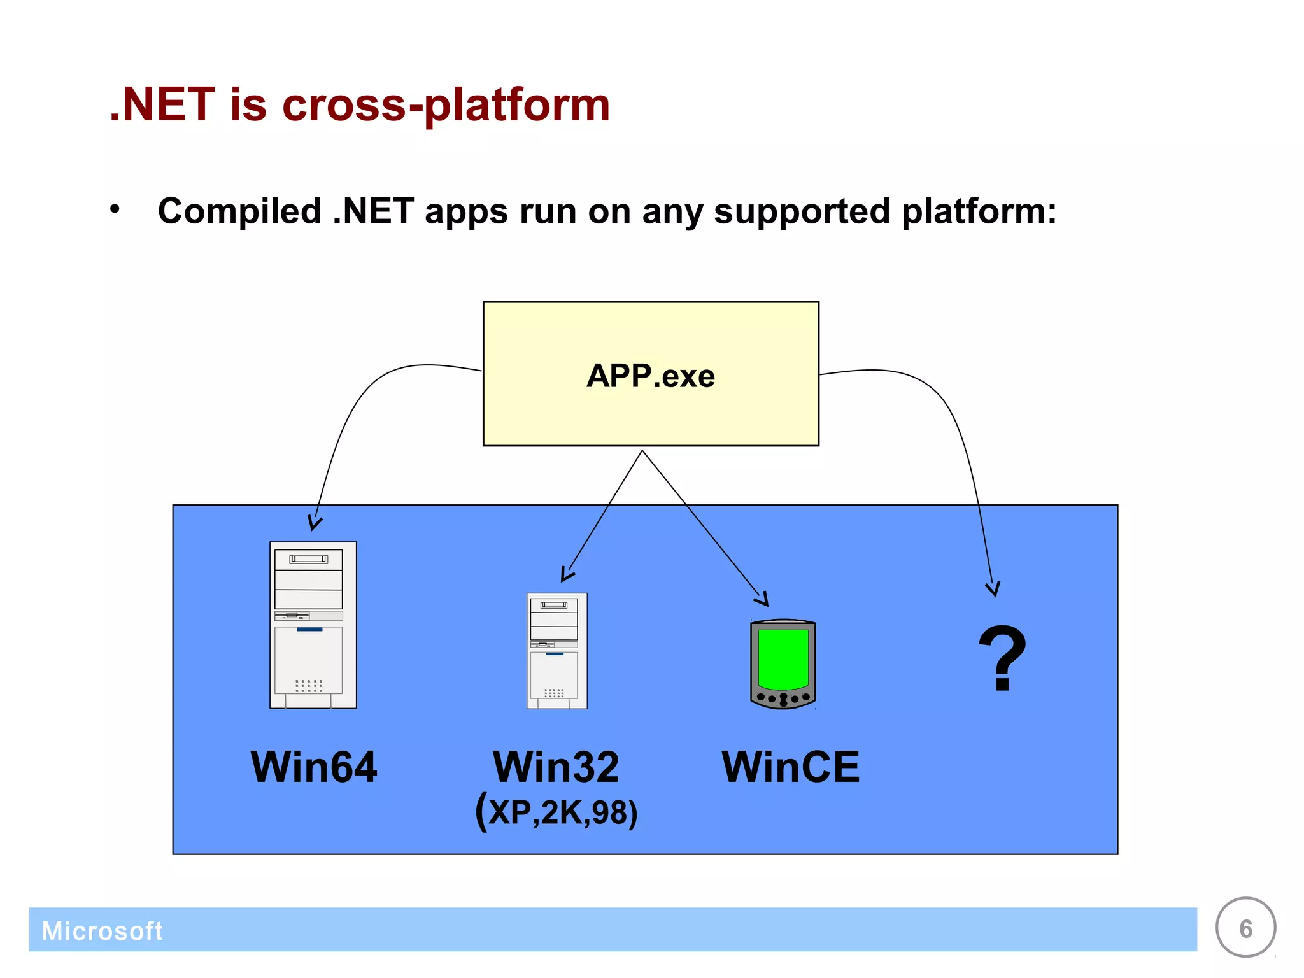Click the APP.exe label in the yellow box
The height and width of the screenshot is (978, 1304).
650,376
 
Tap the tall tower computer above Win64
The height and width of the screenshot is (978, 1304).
313,625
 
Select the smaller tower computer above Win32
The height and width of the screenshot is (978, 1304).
556,650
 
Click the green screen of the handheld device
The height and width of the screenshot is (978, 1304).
783,659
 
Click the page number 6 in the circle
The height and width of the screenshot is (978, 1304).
1245,928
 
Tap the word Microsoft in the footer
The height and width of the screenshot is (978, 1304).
102,931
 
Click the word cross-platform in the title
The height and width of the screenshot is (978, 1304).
446,105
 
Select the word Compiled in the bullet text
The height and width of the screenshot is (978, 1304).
239,211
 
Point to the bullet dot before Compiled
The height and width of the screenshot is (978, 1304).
115,209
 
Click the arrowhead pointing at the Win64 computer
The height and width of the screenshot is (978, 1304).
314,524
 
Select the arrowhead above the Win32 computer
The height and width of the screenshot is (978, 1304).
566,576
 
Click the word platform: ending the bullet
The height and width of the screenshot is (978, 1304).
979,211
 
